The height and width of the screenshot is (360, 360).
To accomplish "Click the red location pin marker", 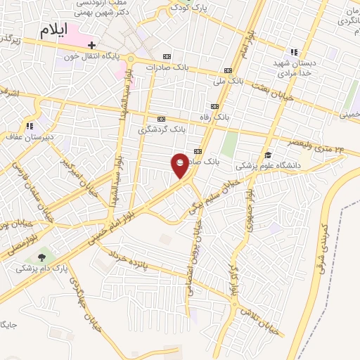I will [x=180, y=165].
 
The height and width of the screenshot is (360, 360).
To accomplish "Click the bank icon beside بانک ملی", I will [x=227, y=70].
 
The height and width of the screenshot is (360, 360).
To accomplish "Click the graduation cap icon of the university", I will [x=268, y=155].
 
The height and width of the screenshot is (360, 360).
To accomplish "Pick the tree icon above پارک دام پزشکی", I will [x=41, y=258].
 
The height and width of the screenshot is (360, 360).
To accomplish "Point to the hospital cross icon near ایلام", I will [x=92, y=44].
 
